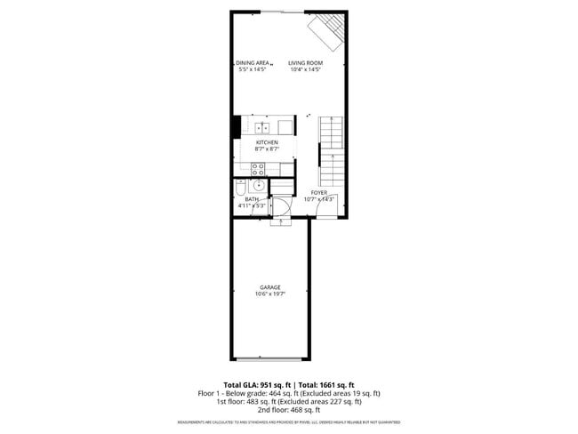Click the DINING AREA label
pos(253,62)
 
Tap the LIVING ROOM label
pos(305,62)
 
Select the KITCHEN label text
pos(267,142)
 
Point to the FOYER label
pos(318,192)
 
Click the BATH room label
pos(252,199)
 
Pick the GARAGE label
pos(270,286)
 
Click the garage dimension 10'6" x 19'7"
pos(270,293)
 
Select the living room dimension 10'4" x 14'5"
pos(305,69)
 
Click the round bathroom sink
pos(257,186)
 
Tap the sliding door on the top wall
pos(285,12)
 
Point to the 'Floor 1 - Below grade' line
pos(288,392)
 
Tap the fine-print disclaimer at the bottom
pos(288,422)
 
